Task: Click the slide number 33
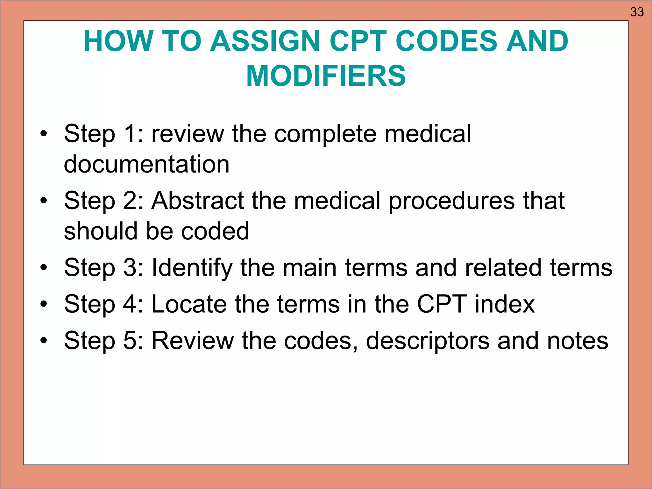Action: point(637,12)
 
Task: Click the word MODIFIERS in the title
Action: point(326,76)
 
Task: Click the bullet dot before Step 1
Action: point(44,134)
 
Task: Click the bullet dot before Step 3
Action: point(44,268)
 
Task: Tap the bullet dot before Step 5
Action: point(44,341)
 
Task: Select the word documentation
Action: point(146,164)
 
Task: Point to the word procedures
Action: point(451,201)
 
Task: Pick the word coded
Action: point(215,231)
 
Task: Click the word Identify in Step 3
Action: point(192,268)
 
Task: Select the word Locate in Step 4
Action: point(189,304)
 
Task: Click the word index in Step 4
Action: point(505,304)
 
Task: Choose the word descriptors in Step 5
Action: point(428,341)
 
